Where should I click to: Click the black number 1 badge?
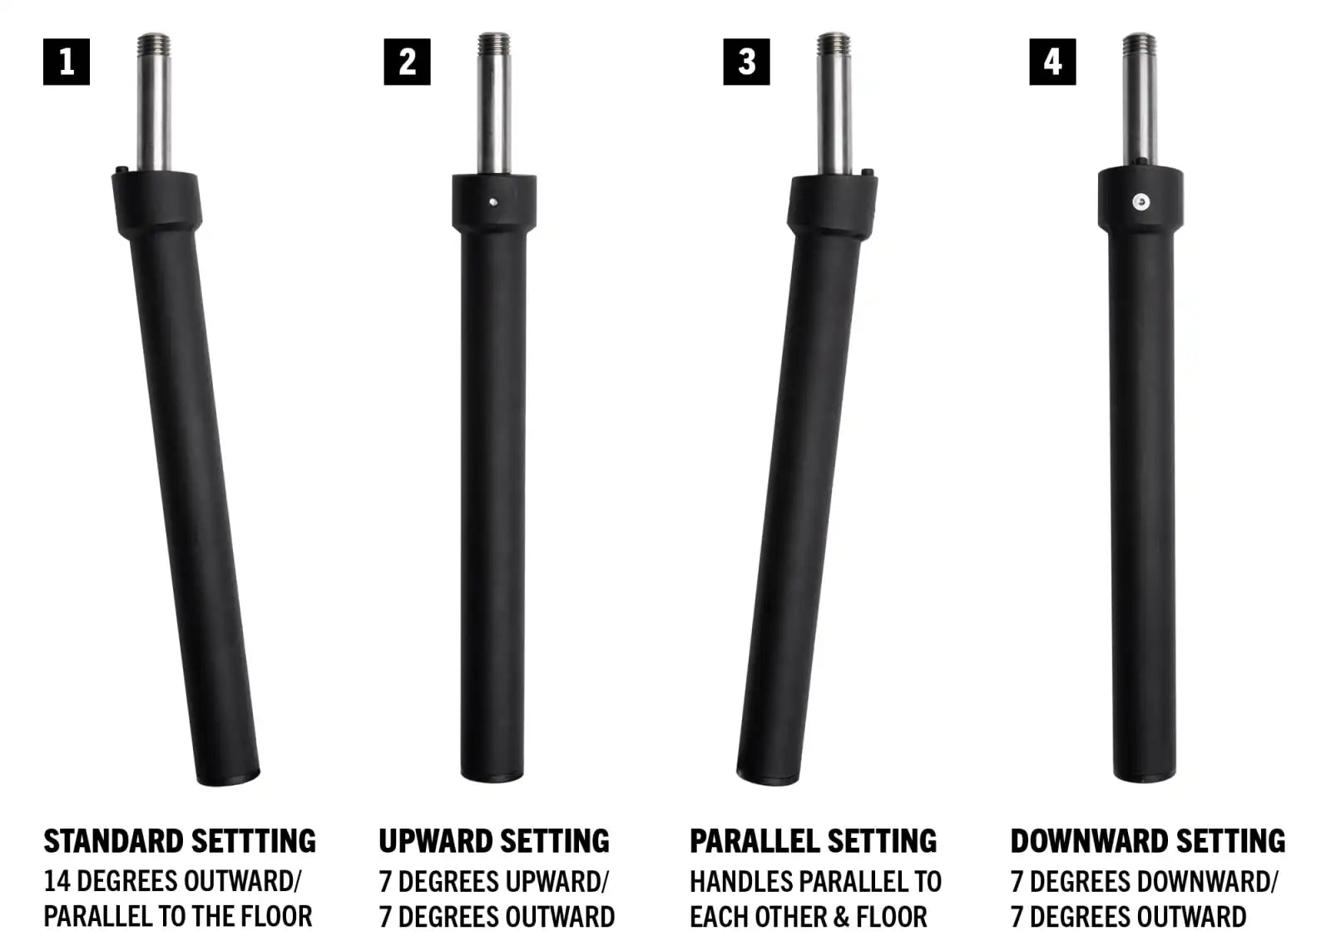(67, 62)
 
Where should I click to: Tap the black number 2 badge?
(407, 62)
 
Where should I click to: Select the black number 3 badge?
(746, 62)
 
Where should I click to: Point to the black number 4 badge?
(1052, 62)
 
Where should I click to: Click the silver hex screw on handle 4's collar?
(1141, 202)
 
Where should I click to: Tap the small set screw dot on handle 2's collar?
(493, 202)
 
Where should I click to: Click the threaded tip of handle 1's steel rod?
(153, 43)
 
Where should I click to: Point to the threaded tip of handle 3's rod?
(833, 43)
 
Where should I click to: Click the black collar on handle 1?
(156, 203)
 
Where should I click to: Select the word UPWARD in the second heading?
(436, 841)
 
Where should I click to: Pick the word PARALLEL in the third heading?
(754, 841)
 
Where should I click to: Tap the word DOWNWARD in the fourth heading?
(1089, 841)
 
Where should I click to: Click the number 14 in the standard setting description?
(57, 881)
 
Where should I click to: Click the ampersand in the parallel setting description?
(841, 917)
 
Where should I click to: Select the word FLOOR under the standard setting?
(276, 917)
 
